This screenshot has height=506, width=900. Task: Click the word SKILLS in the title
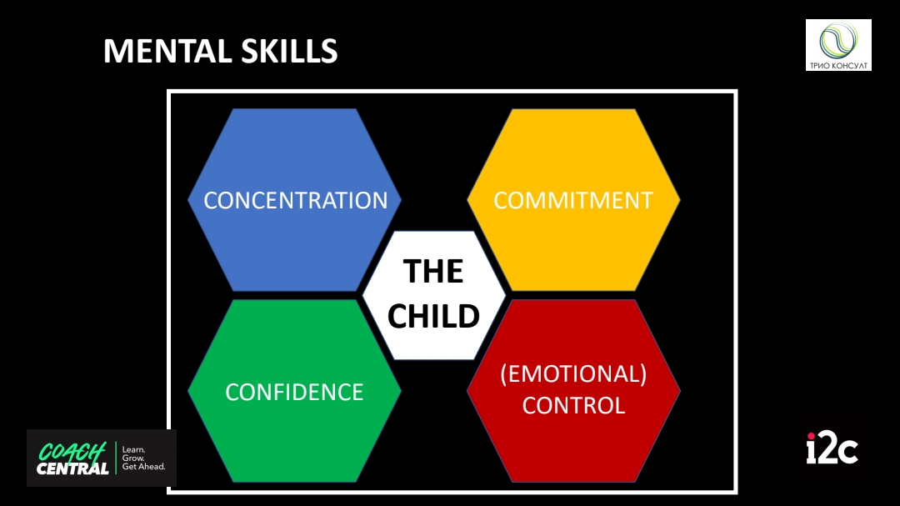point(289,51)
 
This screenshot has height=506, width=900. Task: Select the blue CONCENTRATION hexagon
point(294,200)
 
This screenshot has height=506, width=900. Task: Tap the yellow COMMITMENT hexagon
point(573,200)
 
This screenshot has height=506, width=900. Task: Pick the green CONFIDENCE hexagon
point(294,391)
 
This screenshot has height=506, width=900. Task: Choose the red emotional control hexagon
point(573,391)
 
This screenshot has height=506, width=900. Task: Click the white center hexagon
point(434,295)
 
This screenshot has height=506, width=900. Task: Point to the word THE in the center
point(433,271)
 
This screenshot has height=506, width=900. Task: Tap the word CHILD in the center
point(433,317)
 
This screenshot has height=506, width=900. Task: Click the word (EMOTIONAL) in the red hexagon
point(573,374)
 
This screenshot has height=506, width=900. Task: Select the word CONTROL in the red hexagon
point(573,405)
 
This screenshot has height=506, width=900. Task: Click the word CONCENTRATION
point(296,200)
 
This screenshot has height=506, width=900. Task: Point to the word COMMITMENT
point(573,200)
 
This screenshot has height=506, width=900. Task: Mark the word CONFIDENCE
point(294,393)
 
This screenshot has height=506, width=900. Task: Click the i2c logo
point(832,448)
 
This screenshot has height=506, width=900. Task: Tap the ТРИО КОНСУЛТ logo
point(838,45)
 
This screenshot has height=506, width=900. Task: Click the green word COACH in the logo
point(72,452)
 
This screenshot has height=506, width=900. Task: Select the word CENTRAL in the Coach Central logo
point(72,468)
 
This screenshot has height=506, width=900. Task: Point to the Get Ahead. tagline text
point(143,467)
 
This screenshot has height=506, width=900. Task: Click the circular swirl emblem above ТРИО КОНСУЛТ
point(838,40)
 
